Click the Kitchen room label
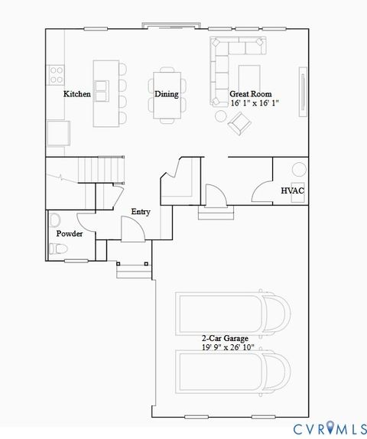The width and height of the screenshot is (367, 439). [76, 94]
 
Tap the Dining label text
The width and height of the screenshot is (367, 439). [167, 94]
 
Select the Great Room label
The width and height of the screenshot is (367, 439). [249, 94]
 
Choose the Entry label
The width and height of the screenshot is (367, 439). [141, 212]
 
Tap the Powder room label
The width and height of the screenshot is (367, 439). [69, 233]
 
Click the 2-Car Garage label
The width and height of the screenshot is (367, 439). [225, 337]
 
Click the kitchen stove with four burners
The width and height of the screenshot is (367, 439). [56, 74]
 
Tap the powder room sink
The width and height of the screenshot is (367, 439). [54, 220]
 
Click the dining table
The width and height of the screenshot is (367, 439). [167, 95]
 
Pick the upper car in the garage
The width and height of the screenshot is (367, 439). [234, 312]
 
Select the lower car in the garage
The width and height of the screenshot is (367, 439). [234, 372]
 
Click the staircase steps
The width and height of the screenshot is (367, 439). [102, 167]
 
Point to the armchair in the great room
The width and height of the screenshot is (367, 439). [239, 122]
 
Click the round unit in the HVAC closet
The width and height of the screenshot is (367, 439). [299, 169]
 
